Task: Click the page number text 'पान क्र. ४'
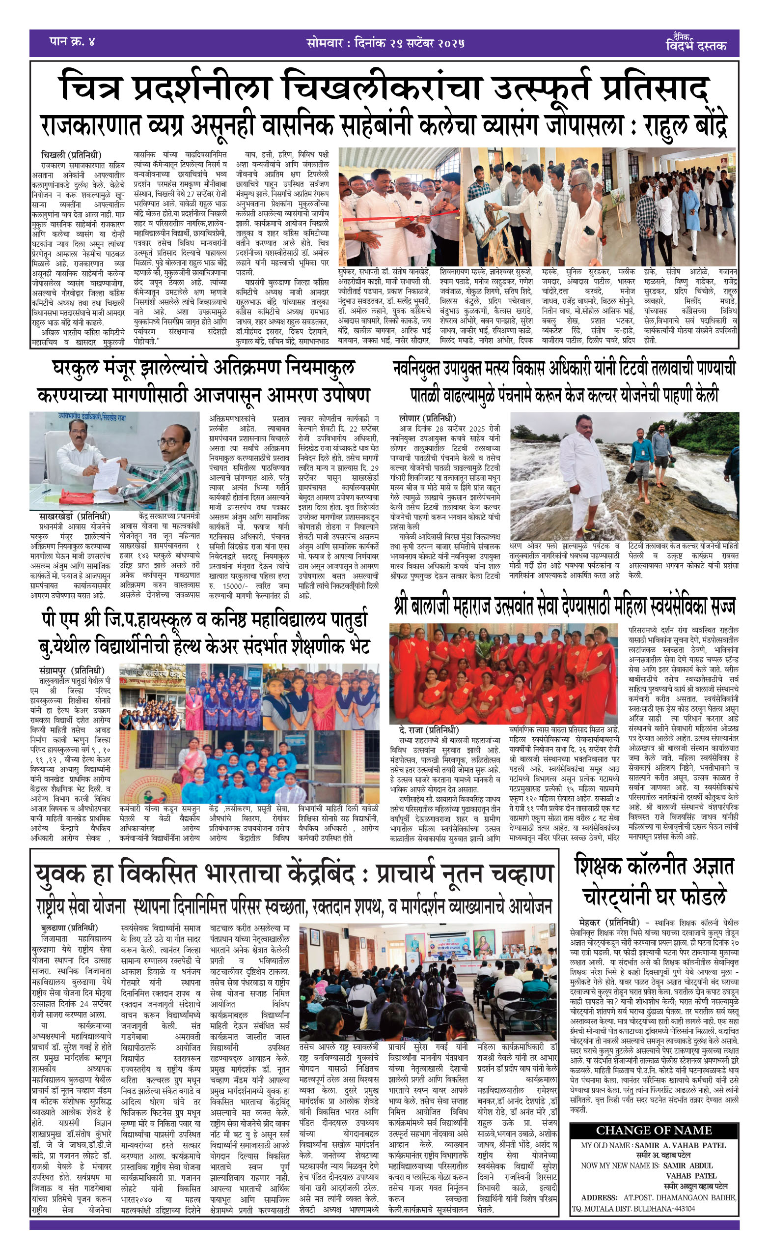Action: [x=72, y=41]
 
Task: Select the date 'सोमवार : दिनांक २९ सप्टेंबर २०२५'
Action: [x=385, y=43]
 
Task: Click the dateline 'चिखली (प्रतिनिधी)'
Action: [x=71, y=155]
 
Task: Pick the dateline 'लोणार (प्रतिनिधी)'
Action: [x=427, y=418]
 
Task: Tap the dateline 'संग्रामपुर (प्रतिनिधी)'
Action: [x=72, y=670]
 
